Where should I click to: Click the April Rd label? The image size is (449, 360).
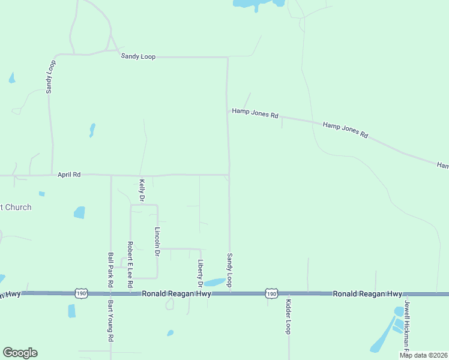[x=69, y=175]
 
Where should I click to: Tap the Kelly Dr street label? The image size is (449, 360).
[x=142, y=190]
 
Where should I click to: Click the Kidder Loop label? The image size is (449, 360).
[x=288, y=316]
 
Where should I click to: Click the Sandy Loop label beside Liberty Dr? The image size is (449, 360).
[x=229, y=269]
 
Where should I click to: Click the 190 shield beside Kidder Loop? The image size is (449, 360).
[x=272, y=293]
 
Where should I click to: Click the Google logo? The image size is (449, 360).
[x=20, y=353]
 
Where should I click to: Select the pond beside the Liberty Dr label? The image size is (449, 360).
[x=214, y=283]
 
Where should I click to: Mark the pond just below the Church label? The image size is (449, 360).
[x=79, y=212]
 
